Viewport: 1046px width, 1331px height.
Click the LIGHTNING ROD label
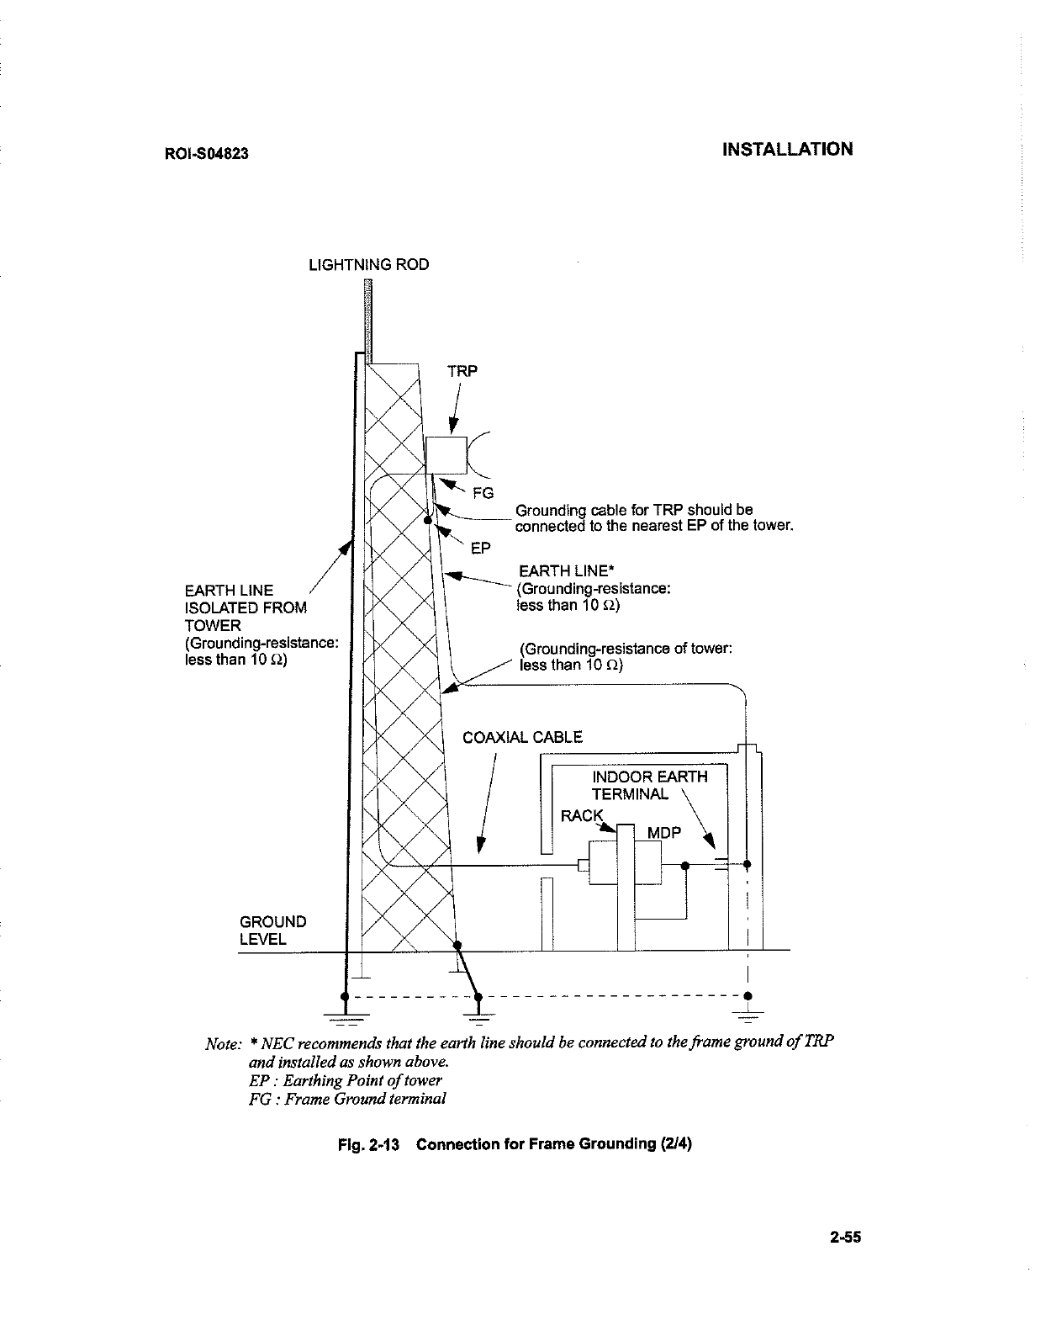point(369,265)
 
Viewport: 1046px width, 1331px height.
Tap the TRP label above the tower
point(462,371)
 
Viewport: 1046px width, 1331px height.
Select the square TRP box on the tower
point(446,456)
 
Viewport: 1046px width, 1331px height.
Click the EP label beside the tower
point(479,549)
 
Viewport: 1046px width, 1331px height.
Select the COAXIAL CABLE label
point(522,738)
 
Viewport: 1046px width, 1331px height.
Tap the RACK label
point(582,815)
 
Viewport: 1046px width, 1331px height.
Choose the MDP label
point(663,833)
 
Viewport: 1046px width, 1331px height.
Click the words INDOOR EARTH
point(650,777)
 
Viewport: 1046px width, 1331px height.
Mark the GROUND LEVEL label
point(272,930)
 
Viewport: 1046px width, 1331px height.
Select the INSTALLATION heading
point(788,150)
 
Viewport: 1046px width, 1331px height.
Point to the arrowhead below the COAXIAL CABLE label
point(480,844)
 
